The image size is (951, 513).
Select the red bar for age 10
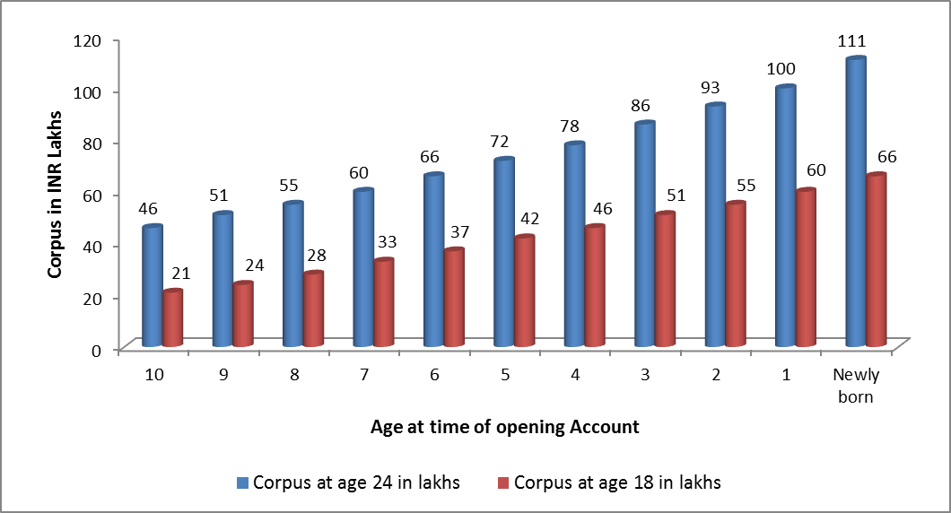click(x=173, y=318)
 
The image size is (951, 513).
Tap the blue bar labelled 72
click(x=504, y=252)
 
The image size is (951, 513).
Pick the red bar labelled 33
click(x=384, y=302)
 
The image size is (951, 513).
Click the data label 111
click(x=851, y=41)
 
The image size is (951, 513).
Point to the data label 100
click(x=781, y=69)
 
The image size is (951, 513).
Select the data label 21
click(x=180, y=274)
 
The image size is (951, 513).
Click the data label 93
click(x=711, y=88)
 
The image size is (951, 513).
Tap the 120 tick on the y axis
click(x=87, y=40)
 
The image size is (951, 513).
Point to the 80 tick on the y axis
click(x=92, y=143)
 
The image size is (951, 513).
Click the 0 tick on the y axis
click(x=96, y=351)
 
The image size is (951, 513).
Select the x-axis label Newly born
click(x=856, y=386)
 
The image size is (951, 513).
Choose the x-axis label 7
click(x=364, y=375)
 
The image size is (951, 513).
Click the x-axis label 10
click(x=154, y=375)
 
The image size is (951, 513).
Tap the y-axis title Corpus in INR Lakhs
click(x=56, y=195)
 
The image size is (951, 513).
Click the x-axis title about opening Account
click(x=504, y=428)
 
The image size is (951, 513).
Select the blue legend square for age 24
click(x=242, y=483)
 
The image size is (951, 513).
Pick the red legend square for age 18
click(x=503, y=483)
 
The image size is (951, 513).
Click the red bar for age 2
click(x=736, y=274)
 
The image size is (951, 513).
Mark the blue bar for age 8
click(x=293, y=274)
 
